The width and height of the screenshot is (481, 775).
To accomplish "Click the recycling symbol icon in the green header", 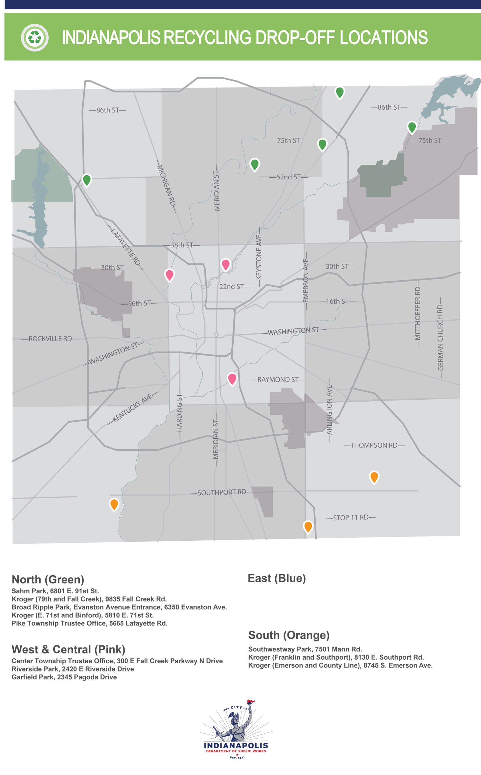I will pyautogui.click(x=35, y=38).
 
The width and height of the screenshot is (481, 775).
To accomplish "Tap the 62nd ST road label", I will pyautogui.click(x=288, y=177).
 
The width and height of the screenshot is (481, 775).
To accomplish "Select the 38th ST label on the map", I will pyautogui.click(x=182, y=245).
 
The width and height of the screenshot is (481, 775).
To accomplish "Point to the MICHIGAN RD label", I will pyautogui.click(x=166, y=185).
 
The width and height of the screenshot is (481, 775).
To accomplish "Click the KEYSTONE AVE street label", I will pyautogui.click(x=259, y=257).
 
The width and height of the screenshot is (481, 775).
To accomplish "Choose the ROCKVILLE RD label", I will pyautogui.click(x=50, y=338).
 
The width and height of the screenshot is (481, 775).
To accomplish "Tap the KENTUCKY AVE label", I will pyautogui.click(x=133, y=408).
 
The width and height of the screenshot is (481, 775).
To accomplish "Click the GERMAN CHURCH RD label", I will pyautogui.click(x=440, y=338).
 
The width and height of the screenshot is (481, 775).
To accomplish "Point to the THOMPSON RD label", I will pyautogui.click(x=374, y=445).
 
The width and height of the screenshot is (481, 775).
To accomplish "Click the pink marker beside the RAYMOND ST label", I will pyautogui.click(x=232, y=379).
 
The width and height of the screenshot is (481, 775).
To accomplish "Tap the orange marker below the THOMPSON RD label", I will pyautogui.click(x=374, y=477).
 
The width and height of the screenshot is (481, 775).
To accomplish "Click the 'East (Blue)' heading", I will pyautogui.click(x=276, y=578).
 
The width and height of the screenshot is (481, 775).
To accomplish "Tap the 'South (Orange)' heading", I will pyautogui.click(x=288, y=635).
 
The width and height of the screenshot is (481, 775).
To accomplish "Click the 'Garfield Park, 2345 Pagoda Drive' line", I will pyautogui.click(x=64, y=677).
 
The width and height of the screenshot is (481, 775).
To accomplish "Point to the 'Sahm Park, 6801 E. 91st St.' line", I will pyautogui.click(x=55, y=591).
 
